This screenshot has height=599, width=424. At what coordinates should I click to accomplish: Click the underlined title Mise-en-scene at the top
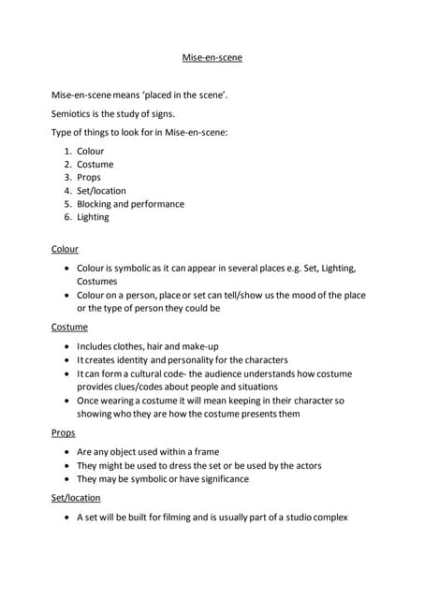[x=212, y=59]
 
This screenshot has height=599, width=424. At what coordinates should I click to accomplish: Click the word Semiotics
[x=71, y=113]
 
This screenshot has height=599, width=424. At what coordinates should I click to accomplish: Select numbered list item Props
[x=89, y=177]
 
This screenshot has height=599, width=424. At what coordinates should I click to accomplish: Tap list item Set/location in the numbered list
[x=101, y=190]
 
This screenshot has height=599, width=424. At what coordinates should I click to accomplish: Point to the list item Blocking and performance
[x=130, y=203]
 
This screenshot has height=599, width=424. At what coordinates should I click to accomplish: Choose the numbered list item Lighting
[x=93, y=216]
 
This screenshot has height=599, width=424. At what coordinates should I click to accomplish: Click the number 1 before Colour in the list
[x=67, y=151]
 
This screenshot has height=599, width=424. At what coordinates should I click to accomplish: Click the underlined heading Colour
[x=65, y=249]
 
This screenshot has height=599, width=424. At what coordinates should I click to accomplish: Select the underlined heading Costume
[x=69, y=327]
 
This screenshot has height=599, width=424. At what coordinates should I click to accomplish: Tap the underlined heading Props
[x=63, y=433]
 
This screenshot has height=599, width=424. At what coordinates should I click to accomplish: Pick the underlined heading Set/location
[x=76, y=497]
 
